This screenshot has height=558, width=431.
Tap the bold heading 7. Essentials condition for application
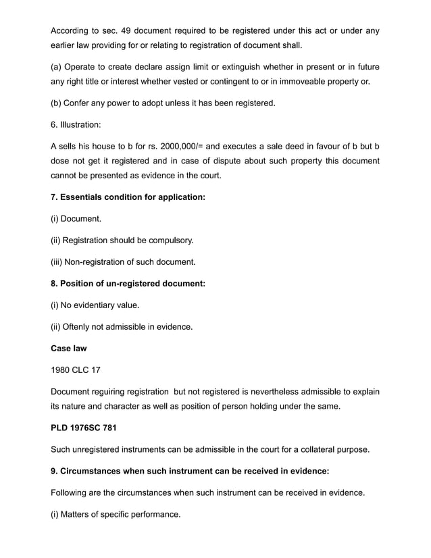click(128, 197)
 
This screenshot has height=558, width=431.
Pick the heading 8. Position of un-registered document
click(128, 283)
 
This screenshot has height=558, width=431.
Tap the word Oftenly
click(80, 327)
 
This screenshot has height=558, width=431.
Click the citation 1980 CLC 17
click(75, 370)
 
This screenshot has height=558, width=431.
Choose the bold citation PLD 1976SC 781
click(88, 428)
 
